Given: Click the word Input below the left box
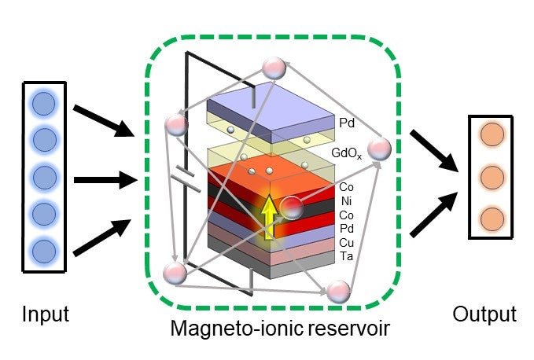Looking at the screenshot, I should click(x=46, y=314).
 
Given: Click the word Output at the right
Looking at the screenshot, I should click(x=484, y=314).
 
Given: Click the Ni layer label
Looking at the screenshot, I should click(x=345, y=200).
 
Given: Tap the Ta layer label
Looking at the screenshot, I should click(x=346, y=256).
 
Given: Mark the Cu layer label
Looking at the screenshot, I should click(x=346, y=242).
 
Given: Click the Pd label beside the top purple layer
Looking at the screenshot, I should click(x=346, y=123).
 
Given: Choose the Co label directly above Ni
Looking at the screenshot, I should click(x=346, y=187).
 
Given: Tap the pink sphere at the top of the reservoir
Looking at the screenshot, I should click(x=274, y=68).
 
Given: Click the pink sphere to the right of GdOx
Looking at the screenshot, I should click(x=379, y=149).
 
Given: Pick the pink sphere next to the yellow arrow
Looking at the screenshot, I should click(x=291, y=208).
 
